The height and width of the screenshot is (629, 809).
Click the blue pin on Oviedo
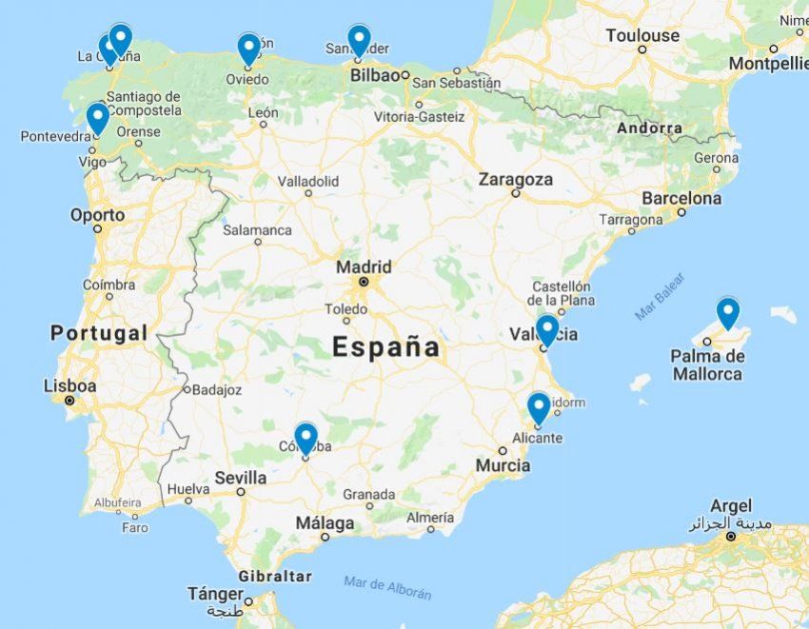pos(248,48)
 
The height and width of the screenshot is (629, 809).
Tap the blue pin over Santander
pos(359,39)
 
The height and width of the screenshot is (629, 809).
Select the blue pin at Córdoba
pos(306,437)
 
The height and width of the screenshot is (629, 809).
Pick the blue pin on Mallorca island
pos(728,311)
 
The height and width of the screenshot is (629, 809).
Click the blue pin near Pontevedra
pos(97,117)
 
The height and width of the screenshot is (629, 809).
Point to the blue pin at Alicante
pos(539,406)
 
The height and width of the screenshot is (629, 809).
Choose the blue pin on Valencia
pos(547,329)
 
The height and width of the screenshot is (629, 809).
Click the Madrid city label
pos(363,266)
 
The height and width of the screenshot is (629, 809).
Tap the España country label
pos(385,347)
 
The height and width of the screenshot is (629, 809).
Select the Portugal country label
pos(99,333)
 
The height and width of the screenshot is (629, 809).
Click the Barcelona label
pos(681,199)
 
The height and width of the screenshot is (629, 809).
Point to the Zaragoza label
pos(515,179)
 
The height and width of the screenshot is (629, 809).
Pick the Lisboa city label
pos(70,386)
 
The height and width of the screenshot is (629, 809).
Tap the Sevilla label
pos(240,477)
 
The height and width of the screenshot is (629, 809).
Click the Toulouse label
pos(644,36)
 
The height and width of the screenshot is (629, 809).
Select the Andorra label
pos(649,128)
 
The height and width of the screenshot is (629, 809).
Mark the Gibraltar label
pos(275,576)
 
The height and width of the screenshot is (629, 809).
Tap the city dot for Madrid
pos(363,282)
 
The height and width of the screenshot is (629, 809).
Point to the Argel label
pos(730,506)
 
